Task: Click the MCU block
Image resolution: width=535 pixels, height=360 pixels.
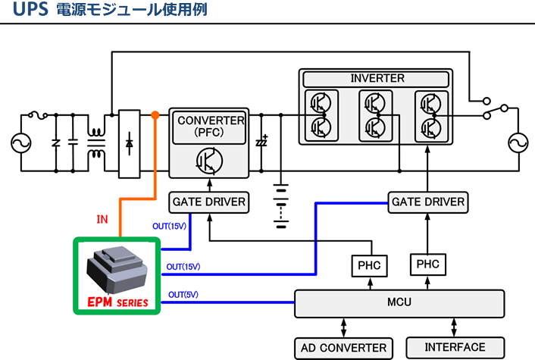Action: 399,303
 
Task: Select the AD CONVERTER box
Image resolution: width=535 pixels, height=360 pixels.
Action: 343,349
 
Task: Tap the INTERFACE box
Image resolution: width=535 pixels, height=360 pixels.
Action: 455,348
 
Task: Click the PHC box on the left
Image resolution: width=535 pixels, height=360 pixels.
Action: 369,266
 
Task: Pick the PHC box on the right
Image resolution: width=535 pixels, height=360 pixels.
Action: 428,265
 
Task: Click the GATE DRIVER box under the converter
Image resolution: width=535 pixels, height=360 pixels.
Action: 209,202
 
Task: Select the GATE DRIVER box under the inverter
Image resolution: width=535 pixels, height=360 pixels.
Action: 427,202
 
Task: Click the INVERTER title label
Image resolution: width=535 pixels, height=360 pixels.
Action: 377,79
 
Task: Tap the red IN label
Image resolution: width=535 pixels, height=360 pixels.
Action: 103,220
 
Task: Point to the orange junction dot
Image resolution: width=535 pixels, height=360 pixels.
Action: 155,115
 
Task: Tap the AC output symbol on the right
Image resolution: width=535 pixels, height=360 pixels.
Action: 518,142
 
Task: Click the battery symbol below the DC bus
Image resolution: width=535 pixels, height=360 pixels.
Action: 281,201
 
